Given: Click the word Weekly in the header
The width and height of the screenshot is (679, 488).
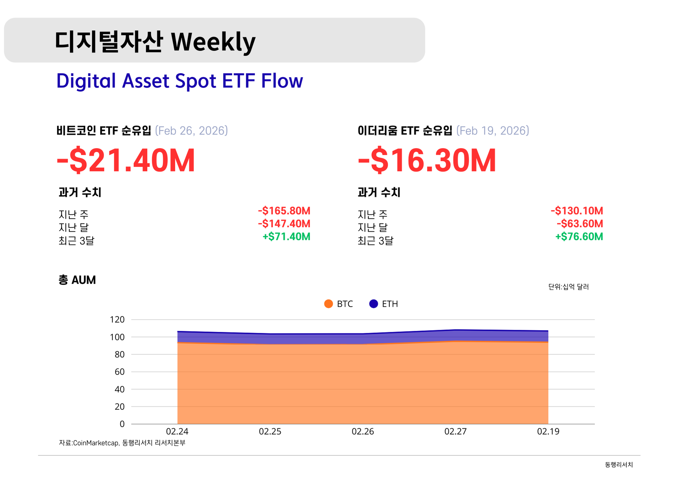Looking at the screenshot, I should (x=213, y=42).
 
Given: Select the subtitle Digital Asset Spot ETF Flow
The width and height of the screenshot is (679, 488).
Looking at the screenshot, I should (x=180, y=81).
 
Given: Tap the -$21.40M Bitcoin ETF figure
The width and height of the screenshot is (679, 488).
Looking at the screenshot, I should (x=126, y=161).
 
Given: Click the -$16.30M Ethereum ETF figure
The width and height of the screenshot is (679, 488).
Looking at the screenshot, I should (x=427, y=161).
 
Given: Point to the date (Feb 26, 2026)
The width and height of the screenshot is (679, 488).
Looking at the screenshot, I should (x=191, y=131).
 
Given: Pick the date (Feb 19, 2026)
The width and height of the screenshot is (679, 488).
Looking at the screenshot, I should (x=493, y=131).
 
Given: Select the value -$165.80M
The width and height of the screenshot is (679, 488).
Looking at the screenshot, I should (x=284, y=211).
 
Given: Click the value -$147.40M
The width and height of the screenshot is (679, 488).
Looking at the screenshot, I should (x=284, y=224).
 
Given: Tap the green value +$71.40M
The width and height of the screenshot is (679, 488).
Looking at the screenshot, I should (x=287, y=237).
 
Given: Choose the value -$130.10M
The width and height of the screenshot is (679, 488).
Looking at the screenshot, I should (x=577, y=211).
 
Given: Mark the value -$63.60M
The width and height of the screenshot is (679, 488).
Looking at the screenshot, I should (x=580, y=224).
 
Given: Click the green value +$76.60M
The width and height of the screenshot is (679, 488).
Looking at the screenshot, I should (x=579, y=237).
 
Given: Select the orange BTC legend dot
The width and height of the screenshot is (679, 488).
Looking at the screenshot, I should (x=329, y=304).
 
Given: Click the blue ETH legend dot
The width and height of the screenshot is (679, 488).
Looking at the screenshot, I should (x=373, y=304).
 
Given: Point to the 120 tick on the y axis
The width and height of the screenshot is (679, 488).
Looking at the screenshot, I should (x=117, y=319).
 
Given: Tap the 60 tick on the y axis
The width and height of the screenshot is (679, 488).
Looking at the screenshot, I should (x=120, y=372).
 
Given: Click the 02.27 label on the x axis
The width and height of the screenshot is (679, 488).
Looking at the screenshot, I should (x=456, y=431).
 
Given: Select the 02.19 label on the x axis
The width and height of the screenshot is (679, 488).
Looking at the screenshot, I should (x=548, y=431).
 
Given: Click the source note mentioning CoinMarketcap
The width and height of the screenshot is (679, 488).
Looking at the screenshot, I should (x=122, y=443).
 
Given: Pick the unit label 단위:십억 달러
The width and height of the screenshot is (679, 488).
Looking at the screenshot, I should (x=568, y=287).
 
